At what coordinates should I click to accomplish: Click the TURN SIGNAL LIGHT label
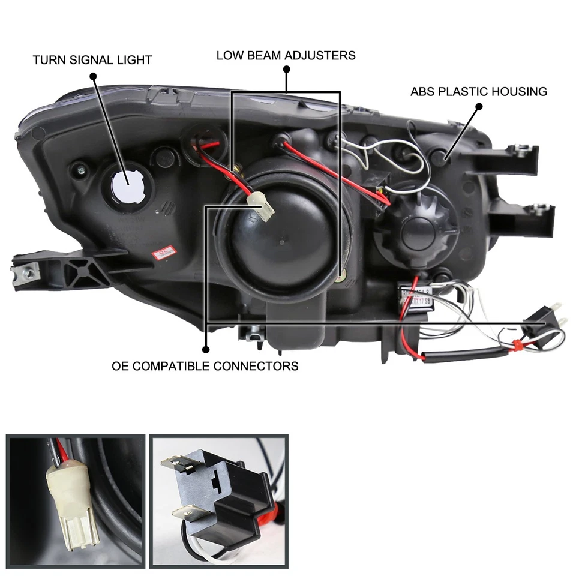coord(92,60)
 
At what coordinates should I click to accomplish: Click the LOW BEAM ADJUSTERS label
coord(286,55)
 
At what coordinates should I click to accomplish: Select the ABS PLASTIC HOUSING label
coord(478,92)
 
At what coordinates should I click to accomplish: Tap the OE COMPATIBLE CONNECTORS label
coord(205,365)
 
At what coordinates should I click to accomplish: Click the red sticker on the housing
coord(161,253)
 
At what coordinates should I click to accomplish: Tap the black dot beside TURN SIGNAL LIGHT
coord(92,76)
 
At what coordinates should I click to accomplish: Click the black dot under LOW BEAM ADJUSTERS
coord(286,70)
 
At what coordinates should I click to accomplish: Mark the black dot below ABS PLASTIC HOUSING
coord(479,107)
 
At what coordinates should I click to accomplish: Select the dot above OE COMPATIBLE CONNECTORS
coord(205,349)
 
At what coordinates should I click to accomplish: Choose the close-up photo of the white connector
coord(76,500)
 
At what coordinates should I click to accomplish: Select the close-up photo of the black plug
coord(218,500)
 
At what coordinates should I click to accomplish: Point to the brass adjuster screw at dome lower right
coord(341,278)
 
